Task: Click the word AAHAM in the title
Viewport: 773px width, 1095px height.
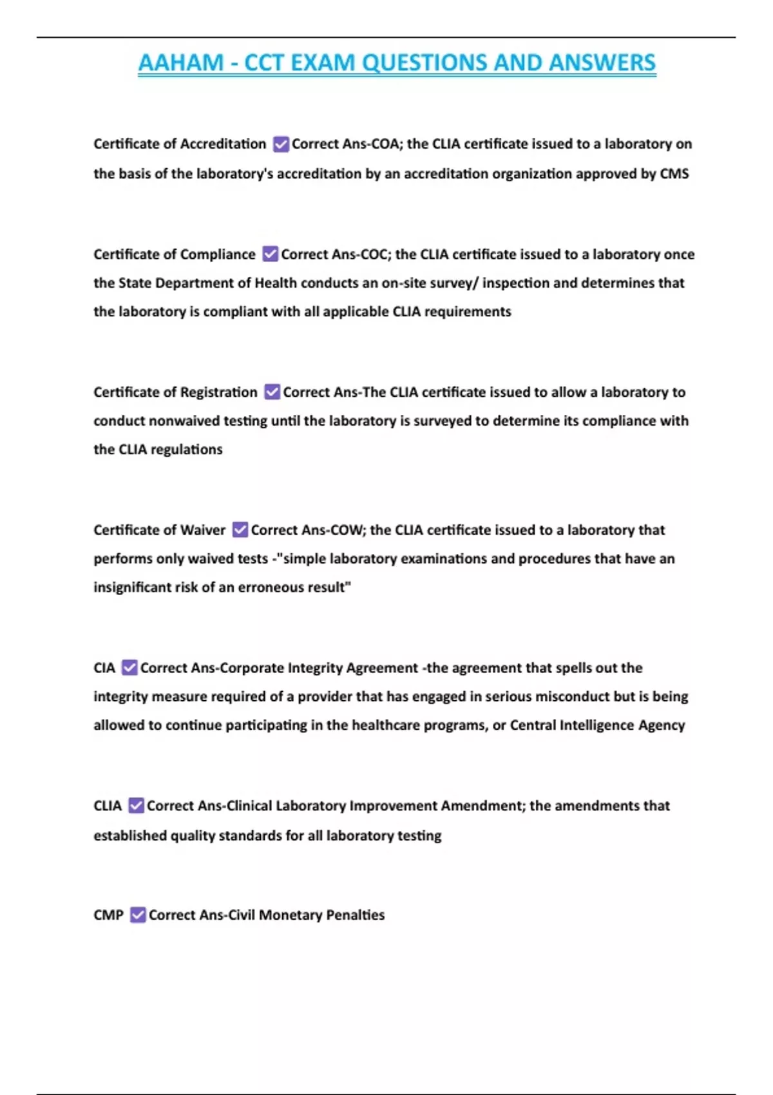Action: click(180, 63)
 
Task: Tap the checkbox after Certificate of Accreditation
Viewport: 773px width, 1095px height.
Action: click(281, 144)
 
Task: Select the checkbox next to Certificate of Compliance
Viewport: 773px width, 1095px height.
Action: click(271, 254)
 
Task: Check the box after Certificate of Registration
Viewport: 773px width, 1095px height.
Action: click(272, 392)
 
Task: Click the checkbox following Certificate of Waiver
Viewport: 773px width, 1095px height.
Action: click(240, 530)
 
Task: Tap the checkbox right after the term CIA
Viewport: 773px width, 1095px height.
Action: click(129, 668)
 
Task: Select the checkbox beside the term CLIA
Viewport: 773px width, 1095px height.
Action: click(136, 806)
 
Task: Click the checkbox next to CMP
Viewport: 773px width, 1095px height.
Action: click(138, 915)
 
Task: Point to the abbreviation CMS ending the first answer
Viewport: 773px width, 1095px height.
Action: click(674, 174)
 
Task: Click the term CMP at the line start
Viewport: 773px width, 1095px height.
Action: click(108, 915)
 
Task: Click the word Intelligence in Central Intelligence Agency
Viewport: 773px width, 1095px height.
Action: click(596, 725)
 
